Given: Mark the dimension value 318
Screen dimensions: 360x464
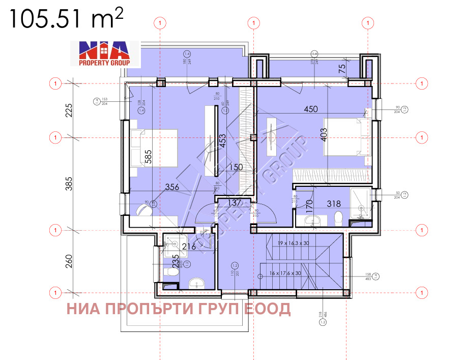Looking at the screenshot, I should (x=333, y=204).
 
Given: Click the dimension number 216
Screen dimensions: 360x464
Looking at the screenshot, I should (x=189, y=247).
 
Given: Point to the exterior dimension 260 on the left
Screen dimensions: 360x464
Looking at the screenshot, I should (x=70, y=261).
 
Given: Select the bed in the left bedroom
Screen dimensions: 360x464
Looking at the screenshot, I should (x=154, y=147).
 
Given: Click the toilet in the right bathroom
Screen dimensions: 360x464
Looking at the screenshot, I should (x=337, y=218).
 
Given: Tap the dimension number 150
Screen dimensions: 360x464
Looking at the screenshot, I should (x=236, y=167).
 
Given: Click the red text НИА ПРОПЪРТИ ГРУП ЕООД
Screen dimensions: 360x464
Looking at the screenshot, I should (x=179, y=309).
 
